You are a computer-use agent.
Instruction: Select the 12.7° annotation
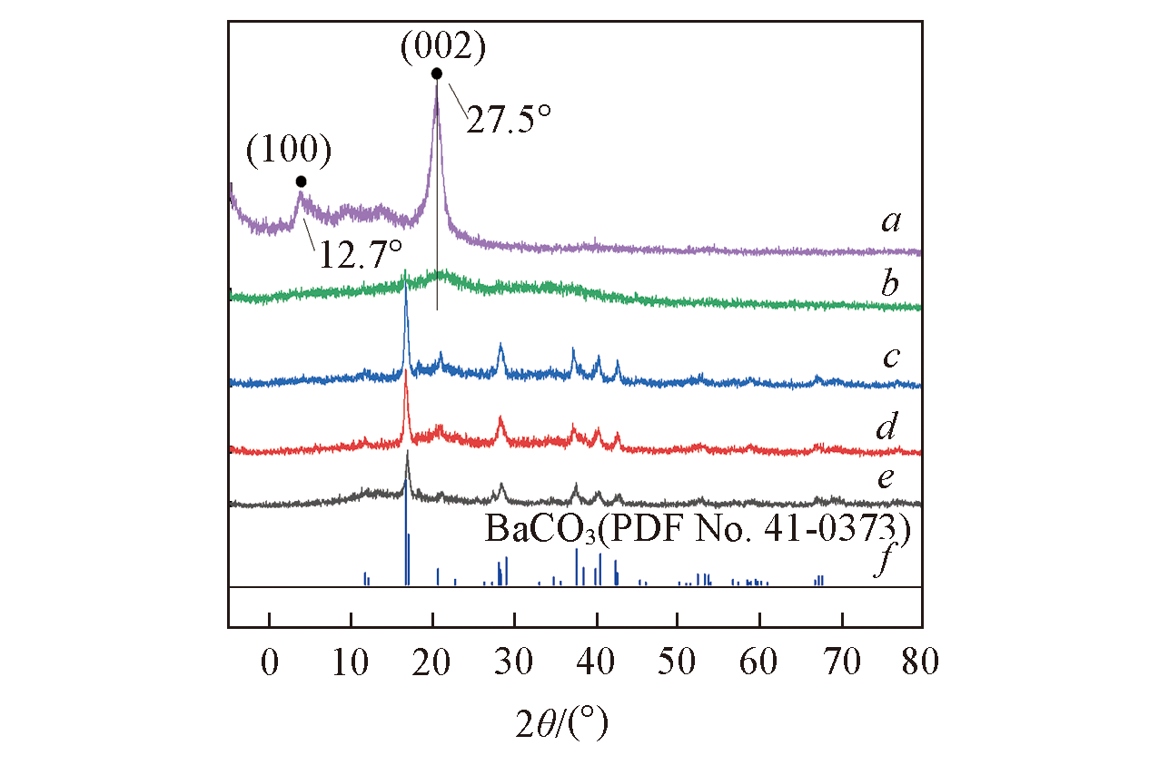(x=359, y=255)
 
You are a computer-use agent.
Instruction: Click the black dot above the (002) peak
(x=437, y=74)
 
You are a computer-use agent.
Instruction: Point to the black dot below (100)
(x=302, y=181)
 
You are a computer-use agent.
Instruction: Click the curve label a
(x=890, y=221)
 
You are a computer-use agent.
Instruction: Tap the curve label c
(x=890, y=357)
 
